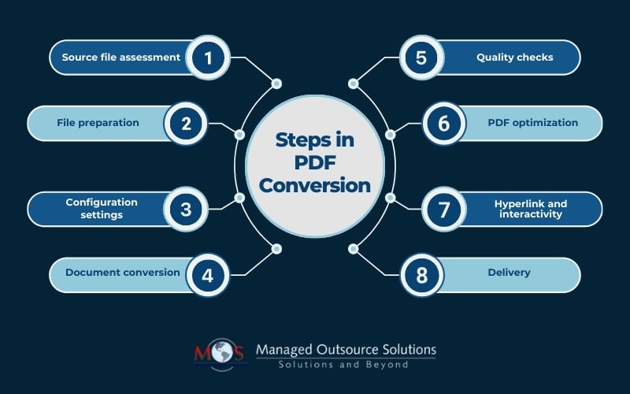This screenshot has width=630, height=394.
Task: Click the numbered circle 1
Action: pyautogui.click(x=208, y=58)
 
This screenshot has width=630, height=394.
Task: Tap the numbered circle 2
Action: pyautogui.click(x=186, y=124)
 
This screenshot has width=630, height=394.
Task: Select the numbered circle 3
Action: pyautogui.click(x=186, y=209)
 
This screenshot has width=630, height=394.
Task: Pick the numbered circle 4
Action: pyautogui.click(x=207, y=275)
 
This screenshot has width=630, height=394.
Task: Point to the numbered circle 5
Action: pyautogui.click(x=421, y=58)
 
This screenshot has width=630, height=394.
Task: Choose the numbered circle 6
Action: pyautogui.click(x=443, y=124)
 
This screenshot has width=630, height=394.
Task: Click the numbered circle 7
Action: pyautogui.click(x=443, y=209)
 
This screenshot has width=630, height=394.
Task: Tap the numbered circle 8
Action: pyautogui.click(x=422, y=275)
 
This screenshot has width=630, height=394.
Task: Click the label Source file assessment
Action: pyautogui.click(x=121, y=57)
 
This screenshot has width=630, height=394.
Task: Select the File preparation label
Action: pyautogui.click(x=98, y=123)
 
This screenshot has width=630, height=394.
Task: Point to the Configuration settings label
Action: pyautogui.click(x=102, y=208)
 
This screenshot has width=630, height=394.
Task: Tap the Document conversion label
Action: pyautogui.click(x=123, y=272)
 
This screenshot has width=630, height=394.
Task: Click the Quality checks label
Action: pyautogui.click(x=515, y=58)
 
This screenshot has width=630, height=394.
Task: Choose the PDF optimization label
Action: pyautogui.click(x=533, y=123)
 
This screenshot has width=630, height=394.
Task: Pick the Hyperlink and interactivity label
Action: pyautogui.click(x=531, y=209)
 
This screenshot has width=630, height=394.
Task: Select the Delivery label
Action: pyautogui.click(x=509, y=273)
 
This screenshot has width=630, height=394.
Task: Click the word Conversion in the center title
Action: pyautogui.click(x=314, y=185)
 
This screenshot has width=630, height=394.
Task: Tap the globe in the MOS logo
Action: pyautogui.click(x=221, y=351)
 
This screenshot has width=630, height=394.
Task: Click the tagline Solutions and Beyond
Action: pyautogui.click(x=343, y=365)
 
